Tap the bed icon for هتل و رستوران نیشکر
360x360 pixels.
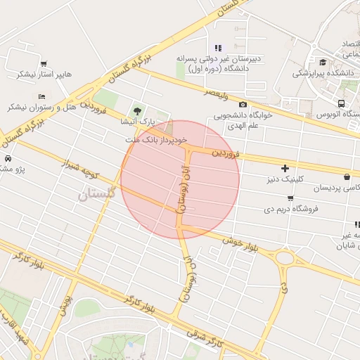point(43,96)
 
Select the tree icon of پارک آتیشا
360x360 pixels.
point(136,110)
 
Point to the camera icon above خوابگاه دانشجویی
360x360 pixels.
point(243,105)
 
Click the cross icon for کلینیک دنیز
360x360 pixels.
point(285,169)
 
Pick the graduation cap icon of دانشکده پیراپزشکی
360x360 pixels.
point(323,62)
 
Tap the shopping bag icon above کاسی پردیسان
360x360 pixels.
point(347,176)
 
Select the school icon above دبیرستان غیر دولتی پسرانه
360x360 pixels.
point(218,48)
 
